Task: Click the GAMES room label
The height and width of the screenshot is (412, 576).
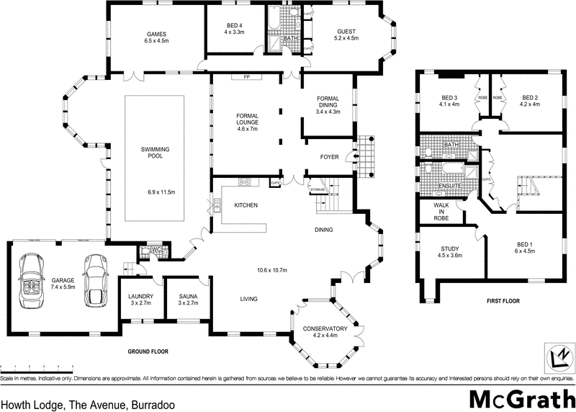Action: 157,34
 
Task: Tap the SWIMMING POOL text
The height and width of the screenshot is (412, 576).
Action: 157,151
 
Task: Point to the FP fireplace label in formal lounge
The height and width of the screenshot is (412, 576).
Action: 246,77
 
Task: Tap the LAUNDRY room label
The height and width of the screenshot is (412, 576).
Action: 140,296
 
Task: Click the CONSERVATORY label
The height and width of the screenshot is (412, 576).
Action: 325,329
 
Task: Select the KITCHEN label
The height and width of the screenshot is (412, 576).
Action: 246,205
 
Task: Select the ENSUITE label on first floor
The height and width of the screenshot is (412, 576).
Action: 451,187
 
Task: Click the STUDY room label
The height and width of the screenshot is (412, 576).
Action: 450,248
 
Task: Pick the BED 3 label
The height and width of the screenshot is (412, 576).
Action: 450,98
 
